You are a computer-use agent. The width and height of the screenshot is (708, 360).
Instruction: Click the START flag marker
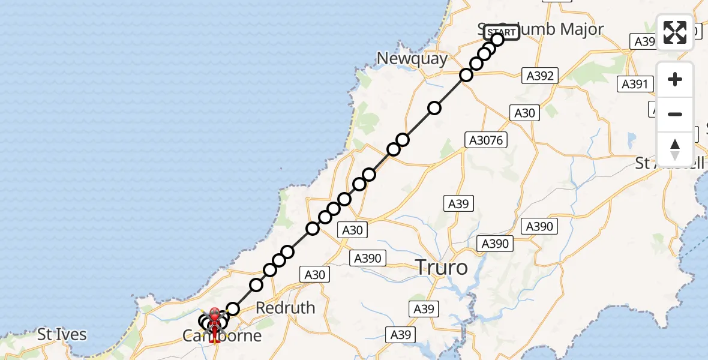pos(501,32)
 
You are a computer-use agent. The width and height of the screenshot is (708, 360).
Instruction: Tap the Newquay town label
pos(412,59)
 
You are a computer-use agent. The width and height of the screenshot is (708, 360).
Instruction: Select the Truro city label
pos(441,267)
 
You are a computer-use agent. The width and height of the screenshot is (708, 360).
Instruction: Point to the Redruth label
pos(285,308)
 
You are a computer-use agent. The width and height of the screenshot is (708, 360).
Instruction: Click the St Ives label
pos(62,335)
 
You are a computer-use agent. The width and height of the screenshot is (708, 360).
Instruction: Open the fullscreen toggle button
pos(675,32)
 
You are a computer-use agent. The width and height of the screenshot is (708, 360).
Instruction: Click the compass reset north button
pos(675,149)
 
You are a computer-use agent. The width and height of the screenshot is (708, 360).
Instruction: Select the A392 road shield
pos(540,76)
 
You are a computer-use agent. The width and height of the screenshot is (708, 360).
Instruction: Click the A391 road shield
pos(635,84)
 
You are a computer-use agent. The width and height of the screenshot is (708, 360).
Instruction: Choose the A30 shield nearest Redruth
pos(314,275)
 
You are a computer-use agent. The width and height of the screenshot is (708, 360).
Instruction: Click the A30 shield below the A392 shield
pos(524,113)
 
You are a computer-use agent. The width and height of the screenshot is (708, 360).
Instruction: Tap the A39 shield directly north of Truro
pos(458,204)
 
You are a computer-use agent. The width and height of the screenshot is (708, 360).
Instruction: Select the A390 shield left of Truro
pos(368,258)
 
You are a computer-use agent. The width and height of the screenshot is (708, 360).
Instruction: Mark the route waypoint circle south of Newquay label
pos(434,108)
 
